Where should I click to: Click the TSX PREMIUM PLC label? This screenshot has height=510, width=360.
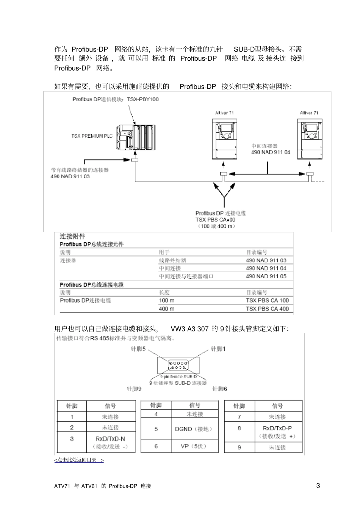pyautogui.click(x=92, y=136)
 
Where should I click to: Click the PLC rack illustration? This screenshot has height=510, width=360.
pyautogui.click(x=135, y=137)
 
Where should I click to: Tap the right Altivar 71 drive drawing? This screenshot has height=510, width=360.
pyautogui.click(x=310, y=140)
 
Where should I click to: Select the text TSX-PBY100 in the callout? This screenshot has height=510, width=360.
pyautogui.click(x=143, y=99)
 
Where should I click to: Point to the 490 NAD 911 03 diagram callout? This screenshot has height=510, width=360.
pyautogui.click(x=70, y=176)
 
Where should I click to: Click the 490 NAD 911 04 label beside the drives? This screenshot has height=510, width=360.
pyautogui.click(x=271, y=152)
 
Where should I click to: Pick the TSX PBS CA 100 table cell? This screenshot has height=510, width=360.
pyautogui.click(x=267, y=300)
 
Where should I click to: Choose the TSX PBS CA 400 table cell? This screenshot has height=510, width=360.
pyautogui.click(x=267, y=309)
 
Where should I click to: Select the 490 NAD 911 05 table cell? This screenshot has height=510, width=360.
pyautogui.click(x=266, y=276)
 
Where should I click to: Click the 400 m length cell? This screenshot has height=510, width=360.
pyautogui.click(x=167, y=309)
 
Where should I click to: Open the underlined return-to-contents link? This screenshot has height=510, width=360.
pyautogui.click(x=79, y=460)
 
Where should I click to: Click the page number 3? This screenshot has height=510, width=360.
pyautogui.click(x=318, y=485)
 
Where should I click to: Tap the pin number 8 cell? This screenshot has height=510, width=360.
pyautogui.click(x=239, y=428)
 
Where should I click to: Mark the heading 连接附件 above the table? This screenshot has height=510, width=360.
pyautogui.click(x=72, y=236)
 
